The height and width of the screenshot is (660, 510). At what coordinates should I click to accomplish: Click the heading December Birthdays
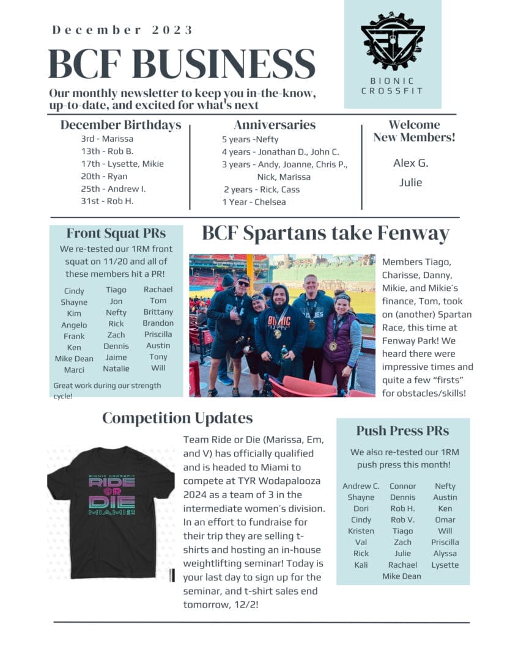120,125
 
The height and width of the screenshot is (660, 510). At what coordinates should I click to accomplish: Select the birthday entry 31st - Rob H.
107,201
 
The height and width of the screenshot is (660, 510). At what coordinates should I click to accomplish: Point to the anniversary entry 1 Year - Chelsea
254,202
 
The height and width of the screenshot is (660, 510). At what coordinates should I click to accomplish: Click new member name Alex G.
410,163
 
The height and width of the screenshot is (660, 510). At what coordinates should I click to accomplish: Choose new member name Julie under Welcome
410,182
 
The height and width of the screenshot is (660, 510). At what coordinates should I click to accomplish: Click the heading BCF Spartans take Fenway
325,234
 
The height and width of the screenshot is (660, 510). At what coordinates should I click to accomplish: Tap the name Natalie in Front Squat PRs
116,369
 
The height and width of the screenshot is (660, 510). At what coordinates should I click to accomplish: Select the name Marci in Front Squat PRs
74,370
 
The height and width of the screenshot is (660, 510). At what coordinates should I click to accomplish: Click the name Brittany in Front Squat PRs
158,312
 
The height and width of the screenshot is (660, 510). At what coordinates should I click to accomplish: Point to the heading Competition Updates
177,418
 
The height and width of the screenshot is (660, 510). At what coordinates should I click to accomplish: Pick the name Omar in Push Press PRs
445,519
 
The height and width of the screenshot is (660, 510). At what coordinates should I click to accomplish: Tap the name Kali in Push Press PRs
361,565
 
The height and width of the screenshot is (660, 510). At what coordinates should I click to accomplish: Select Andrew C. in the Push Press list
361,486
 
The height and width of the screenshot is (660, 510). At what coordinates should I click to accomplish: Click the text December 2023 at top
122,30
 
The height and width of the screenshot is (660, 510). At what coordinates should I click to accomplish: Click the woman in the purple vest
344,342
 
